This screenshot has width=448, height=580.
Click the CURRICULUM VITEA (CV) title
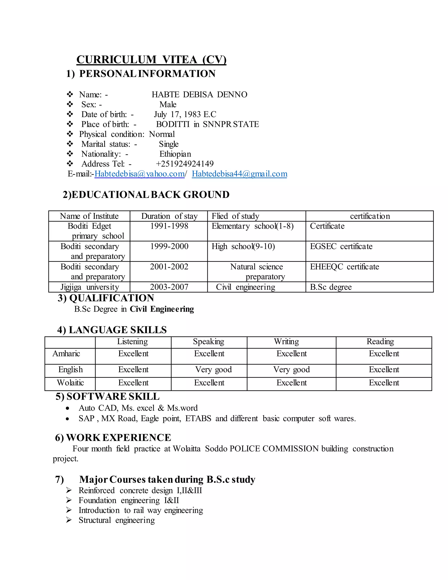[x=151, y=60]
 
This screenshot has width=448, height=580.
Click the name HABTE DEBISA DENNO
[x=199, y=95]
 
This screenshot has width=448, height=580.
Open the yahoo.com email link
[x=139, y=174]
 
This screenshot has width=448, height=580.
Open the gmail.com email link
[x=239, y=174]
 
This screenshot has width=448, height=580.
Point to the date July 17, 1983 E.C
[x=185, y=114]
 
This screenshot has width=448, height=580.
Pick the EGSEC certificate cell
[x=341, y=246]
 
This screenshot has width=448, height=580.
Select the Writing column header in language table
[x=286, y=341]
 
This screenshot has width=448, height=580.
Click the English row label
[x=71, y=369]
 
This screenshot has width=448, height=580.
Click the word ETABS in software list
[x=198, y=418]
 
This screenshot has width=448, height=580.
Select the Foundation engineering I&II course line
[x=129, y=500]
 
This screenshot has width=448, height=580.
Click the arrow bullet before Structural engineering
[x=69, y=520]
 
